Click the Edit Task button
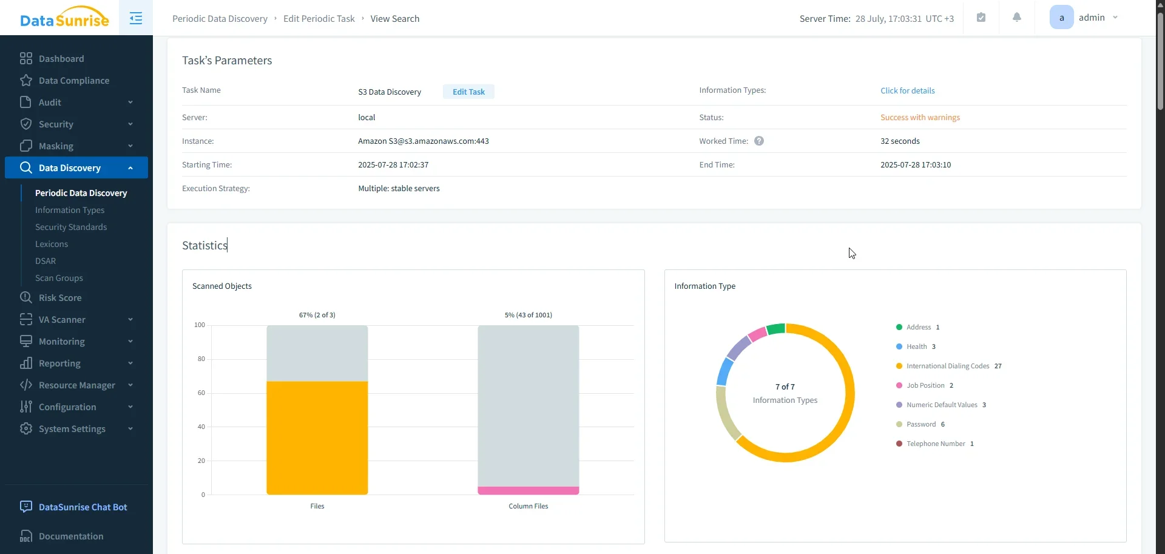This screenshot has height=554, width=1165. [468, 92]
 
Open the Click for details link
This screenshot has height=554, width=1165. [907, 90]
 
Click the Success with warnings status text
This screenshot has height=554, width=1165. [920, 117]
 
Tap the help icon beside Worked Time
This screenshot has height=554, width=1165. [758, 141]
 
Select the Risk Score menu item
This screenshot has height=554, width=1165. [59, 298]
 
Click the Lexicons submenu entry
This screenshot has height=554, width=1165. [52, 244]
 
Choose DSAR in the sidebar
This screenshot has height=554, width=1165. [46, 261]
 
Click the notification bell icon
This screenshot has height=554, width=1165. [1017, 18]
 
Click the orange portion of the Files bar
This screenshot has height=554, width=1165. [317, 437]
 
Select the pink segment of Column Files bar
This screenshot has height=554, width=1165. [528, 490]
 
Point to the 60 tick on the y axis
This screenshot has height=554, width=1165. [201, 393]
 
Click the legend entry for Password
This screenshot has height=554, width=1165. [920, 424]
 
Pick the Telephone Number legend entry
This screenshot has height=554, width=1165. [935, 444]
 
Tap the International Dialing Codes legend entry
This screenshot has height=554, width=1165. [947, 366]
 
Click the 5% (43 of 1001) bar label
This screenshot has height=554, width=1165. [528, 315]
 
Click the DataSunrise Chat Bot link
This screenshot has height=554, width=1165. [83, 507]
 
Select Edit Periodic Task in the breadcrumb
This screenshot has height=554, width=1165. [319, 19]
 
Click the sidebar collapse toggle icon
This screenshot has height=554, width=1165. [136, 18]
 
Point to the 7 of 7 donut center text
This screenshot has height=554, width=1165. [785, 387]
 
